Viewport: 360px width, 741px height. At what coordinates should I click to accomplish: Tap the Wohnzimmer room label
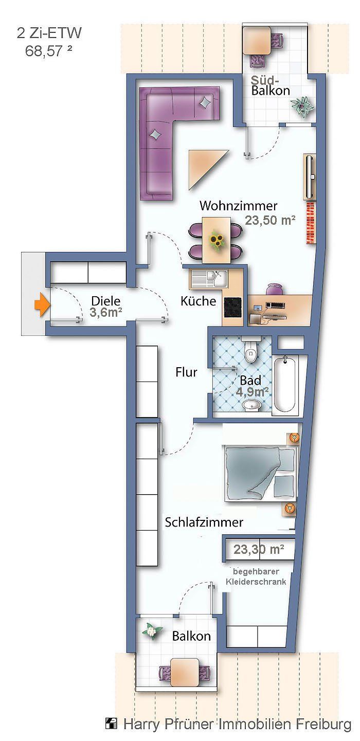(238, 206)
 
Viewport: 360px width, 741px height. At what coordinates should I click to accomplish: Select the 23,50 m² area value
(270, 221)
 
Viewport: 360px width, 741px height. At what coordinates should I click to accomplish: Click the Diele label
(105, 301)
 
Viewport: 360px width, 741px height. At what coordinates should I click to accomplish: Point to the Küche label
(198, 301)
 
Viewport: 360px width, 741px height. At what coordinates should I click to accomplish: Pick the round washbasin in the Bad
(251, 406)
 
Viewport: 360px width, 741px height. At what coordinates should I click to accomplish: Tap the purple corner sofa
(165, 129)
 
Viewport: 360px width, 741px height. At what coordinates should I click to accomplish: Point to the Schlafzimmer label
(204, 522)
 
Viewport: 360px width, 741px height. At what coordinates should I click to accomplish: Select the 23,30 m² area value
(259, 549)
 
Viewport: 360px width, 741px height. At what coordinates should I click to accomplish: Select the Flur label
(186, 372)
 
